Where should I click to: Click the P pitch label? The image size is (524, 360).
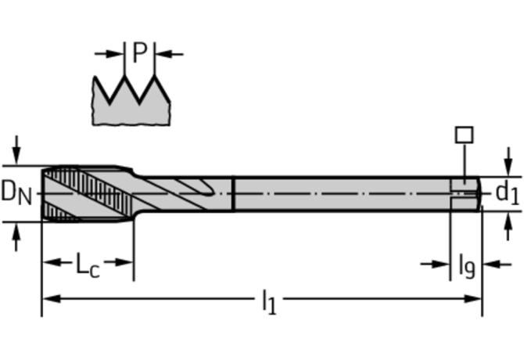(x=139, y=52)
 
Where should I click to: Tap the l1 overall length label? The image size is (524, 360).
(x=268, y=301)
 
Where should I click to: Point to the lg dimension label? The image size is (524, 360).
(x=465, y=266)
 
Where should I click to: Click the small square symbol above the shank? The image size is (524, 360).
(x=464, y=135)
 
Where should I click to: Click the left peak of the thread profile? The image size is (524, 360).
(x=124, y=78)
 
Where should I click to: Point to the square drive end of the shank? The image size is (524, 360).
(x=467, y=193)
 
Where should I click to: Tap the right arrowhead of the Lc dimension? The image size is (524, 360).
(x=127, y=262)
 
